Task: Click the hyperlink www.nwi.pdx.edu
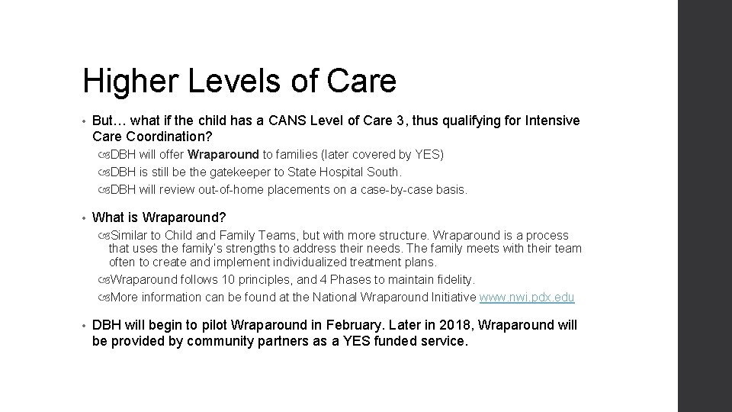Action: point(527,297)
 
